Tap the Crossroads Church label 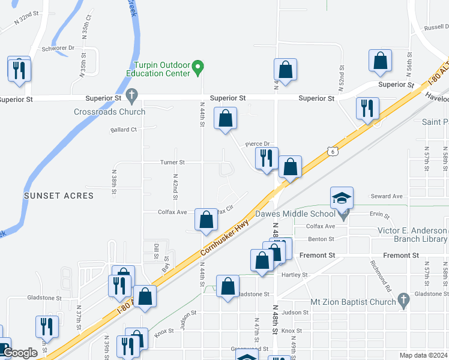pyautogui.click(x=109, y=112)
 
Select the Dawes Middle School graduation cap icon pyautogui.click(x=342, y=198)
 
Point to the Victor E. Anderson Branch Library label pyautogui.click(x=412, y=235)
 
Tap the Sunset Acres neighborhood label pyautogui.click(x=59, y=196)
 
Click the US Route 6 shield pyautogui.click(x=332, y=152)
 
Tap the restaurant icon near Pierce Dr pyautogui.click(x=266, y=158)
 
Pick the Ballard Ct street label pyautogui.click(x=124, y=129)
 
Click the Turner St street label pyautogui.click(x=172, y=162)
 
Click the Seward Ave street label pyautogui.click(x=386, y=196)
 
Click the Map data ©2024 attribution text pyautogui.click(x=423, y=355)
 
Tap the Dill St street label pyautogui.click(x=155, y=251)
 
